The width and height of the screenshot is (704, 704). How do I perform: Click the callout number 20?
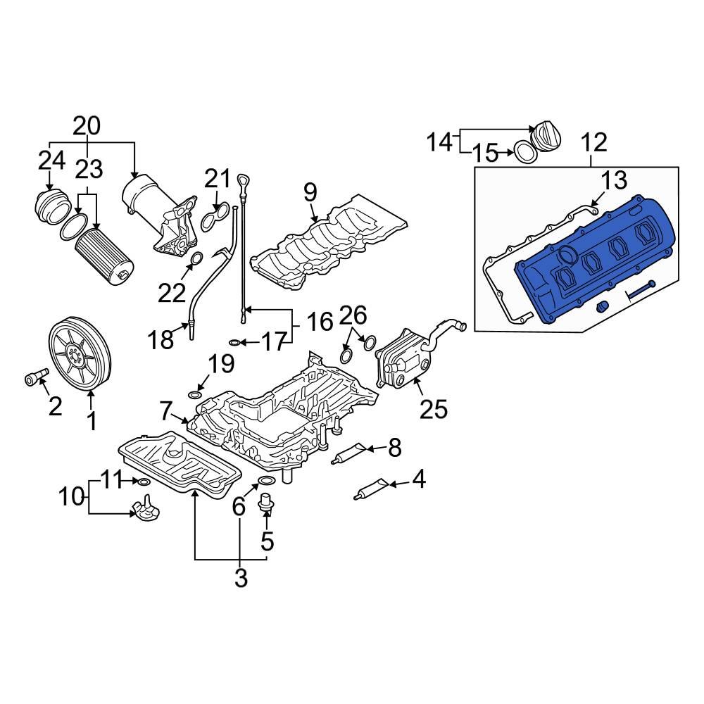tap(87, 126)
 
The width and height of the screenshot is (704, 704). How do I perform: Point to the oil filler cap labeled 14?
tap(545, 135)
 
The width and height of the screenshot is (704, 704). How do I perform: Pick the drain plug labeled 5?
tap(266, 504)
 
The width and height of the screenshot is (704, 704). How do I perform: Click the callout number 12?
tap(593, 143)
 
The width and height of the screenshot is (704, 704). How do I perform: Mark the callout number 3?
tap(240, 578)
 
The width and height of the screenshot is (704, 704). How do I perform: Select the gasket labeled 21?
tap(215, 218)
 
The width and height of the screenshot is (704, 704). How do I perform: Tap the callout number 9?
tap(310, 191)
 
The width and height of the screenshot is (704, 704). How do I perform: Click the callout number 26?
tap(353, 314)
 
